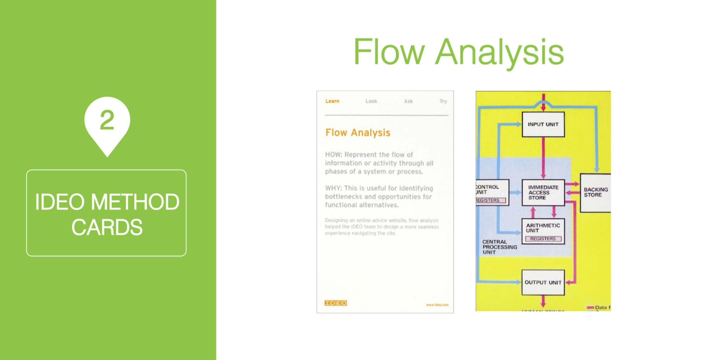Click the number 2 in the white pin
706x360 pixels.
pyautogui.click(x=107, y=120)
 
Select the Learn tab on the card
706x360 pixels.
pyautogui.click(x=332, y=101)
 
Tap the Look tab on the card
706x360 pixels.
pyautogui.click(x=371, y=101)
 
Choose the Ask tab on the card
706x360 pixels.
pyautogui.click(x=408, y=101)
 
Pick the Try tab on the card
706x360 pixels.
pyautogui.click(x=443, y=101)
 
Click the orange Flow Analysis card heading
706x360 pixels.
pyautogui.click(x=358, y=133)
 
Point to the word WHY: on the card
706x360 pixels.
pyautogui.click(x=334, y=188)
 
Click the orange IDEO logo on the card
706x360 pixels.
pyautogui.click(x=335, y=303)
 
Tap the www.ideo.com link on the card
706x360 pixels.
pyautogui.click(x=437, y=305)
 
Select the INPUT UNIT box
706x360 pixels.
pyautogui.click(x=543, y=124)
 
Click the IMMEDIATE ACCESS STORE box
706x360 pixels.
pyautogui.click(x=543, y=192)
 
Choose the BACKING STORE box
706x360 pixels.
pyautogui.click(x=596, y=192)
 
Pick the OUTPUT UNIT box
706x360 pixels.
pyautogui.click(x=543, y=282)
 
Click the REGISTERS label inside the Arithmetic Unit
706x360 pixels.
pyautogui.click(x=543, y=239)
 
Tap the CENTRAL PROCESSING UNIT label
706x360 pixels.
pyautogui.click(x=499, y=247)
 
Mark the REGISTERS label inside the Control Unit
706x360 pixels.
pyautogui.click(x=488, y=200)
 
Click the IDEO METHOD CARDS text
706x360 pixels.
pyautogui.click(x=107, y=214)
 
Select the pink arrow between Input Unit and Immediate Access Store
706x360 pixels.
pyautogui.click(x=543, y=158)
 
